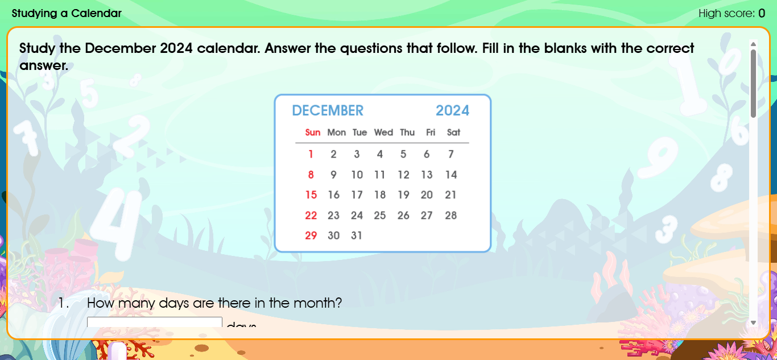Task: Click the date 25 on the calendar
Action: [x=380, y=216]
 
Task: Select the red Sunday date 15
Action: [x=311, y=195]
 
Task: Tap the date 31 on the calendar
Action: [x=357, y=235]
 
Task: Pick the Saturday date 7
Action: [x=451, y=154]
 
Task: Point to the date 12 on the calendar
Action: [x=403, y=175]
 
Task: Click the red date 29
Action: [x=311, y=235]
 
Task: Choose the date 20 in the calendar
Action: [x=427, y=195]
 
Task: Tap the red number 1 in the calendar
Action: [x=311, y=154]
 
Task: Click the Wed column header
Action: [x=383, y=133]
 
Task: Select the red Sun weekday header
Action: [x=313, y=133]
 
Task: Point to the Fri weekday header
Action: [x=431, y=133]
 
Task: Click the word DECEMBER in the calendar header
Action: [x=328, y=110]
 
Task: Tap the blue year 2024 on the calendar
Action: [x=452, y=110]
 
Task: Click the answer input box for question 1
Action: [x=154, y=322]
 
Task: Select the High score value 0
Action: [x=762, y=13]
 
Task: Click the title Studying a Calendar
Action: [x=67, y=13]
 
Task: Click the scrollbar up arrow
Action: [x=754, y=44]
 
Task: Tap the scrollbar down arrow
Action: [x=754, y=322]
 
